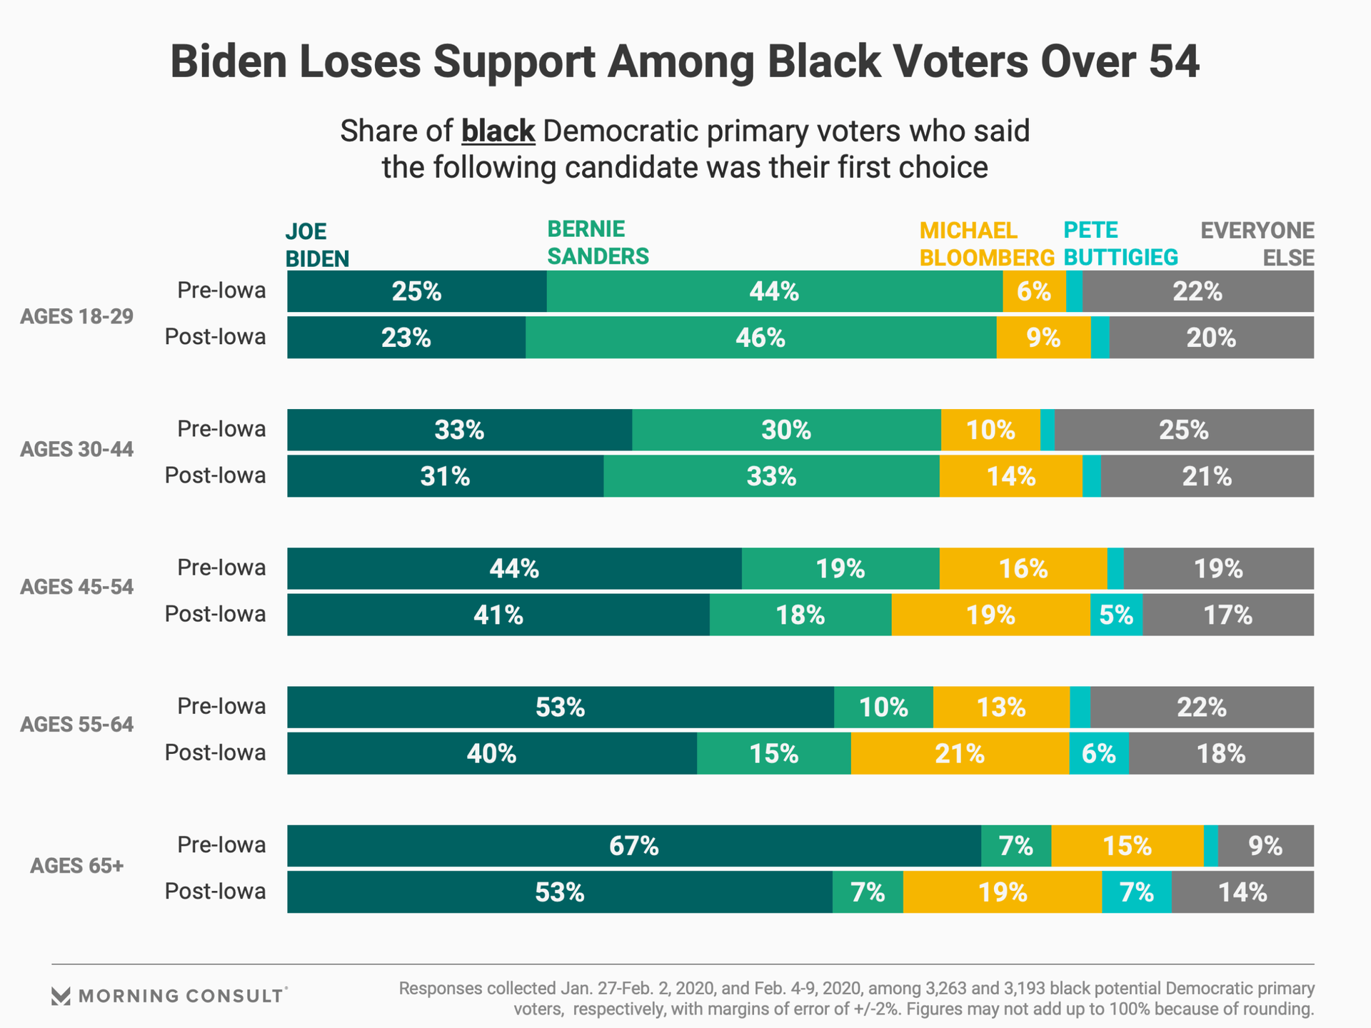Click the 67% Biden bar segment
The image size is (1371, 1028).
[x=634, y=846]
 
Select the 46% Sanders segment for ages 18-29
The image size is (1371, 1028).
[x=760, y=338]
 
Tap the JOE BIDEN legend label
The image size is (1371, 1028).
[x=317, y=245]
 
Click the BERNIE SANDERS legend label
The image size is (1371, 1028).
[x=598, y=243]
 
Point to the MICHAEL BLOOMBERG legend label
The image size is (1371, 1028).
[x=986, y=243]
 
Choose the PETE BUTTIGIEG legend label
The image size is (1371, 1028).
[x=1120, y=243]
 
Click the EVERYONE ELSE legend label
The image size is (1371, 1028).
[x=1257, y=243]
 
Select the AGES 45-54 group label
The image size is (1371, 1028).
[x=76, y=587]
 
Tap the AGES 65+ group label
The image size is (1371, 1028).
[x=76, y=866]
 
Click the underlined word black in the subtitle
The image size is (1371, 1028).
[x=498, y=131]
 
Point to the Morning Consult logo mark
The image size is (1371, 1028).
[x=61, y=996]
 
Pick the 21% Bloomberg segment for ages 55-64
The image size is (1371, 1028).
[x=960, y=753]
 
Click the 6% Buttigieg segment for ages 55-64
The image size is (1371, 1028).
[x=1099, y=753]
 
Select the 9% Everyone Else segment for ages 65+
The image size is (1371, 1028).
[x=1265, y=846]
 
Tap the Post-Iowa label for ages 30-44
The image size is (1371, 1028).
[x=215, y=475]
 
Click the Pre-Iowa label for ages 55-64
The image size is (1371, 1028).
[x=221, y=706]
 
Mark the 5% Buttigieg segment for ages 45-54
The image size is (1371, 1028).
[x=1116, y=615]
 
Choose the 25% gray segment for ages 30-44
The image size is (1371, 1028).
[x=1184, y=430]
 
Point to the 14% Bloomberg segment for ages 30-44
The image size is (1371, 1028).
[x=1011, y=476]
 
